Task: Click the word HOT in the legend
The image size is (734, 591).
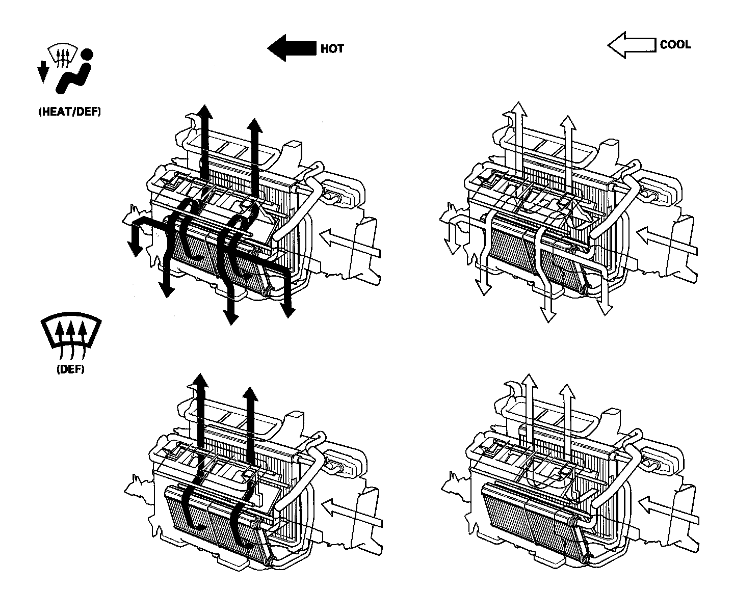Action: [x=332, y=49]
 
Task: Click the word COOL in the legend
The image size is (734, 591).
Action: [x=675, y=45]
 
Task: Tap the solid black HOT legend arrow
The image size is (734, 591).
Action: [x=292, y=48]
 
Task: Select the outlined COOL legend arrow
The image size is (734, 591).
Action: [x=631, y=45]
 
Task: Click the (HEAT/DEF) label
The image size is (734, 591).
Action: [x=70, y=112]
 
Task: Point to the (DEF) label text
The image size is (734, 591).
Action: [x=70, y=369]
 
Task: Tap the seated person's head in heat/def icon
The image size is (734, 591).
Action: [x=87, y=54]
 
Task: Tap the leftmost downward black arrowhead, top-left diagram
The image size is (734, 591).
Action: [x=135, y=249]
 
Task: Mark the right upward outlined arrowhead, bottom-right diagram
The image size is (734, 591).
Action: [x=567, y=391]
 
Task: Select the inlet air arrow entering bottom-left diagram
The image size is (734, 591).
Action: [x=352, y=513]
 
